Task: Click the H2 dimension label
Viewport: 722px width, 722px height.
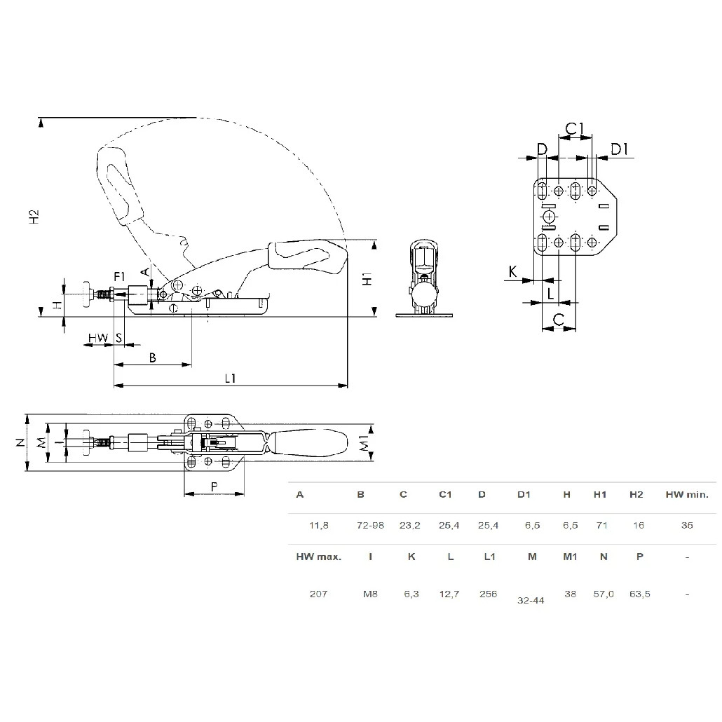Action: point(34,217)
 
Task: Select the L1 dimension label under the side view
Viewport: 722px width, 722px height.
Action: point(230,378)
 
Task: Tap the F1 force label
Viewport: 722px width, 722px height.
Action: point(120,275)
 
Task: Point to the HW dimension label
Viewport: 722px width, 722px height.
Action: point(98,339)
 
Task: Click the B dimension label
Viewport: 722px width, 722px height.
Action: point(153,357)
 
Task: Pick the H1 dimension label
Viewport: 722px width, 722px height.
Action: point(366,278)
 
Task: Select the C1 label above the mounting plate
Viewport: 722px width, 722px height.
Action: point(575,128)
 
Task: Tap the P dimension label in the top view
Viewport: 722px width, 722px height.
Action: point(214,486)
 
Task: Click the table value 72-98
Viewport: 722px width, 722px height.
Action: point(370,525)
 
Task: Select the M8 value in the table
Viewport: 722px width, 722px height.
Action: point(370,594)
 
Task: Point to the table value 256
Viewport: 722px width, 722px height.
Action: point(488,594)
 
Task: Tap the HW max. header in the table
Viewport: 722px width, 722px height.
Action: point(318,557)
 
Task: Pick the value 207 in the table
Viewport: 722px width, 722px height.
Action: point(318,594)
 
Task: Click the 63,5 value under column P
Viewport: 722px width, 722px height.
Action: point(640,594)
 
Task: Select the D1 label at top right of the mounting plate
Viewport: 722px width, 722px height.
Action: point(619,148)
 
